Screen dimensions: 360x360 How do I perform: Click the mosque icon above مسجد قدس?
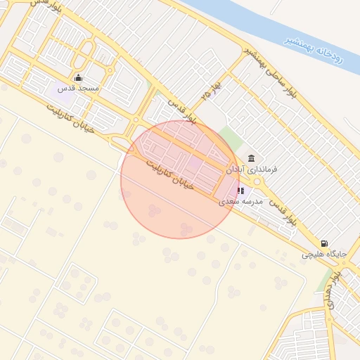(x=78, y=78)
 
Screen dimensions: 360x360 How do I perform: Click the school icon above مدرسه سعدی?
(x=240, y=190)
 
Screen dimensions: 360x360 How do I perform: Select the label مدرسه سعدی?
(x=240, y=201)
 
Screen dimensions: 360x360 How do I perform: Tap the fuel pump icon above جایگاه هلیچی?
(x=323, y=243)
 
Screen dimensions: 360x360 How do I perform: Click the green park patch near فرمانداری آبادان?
(x=230, y=138)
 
